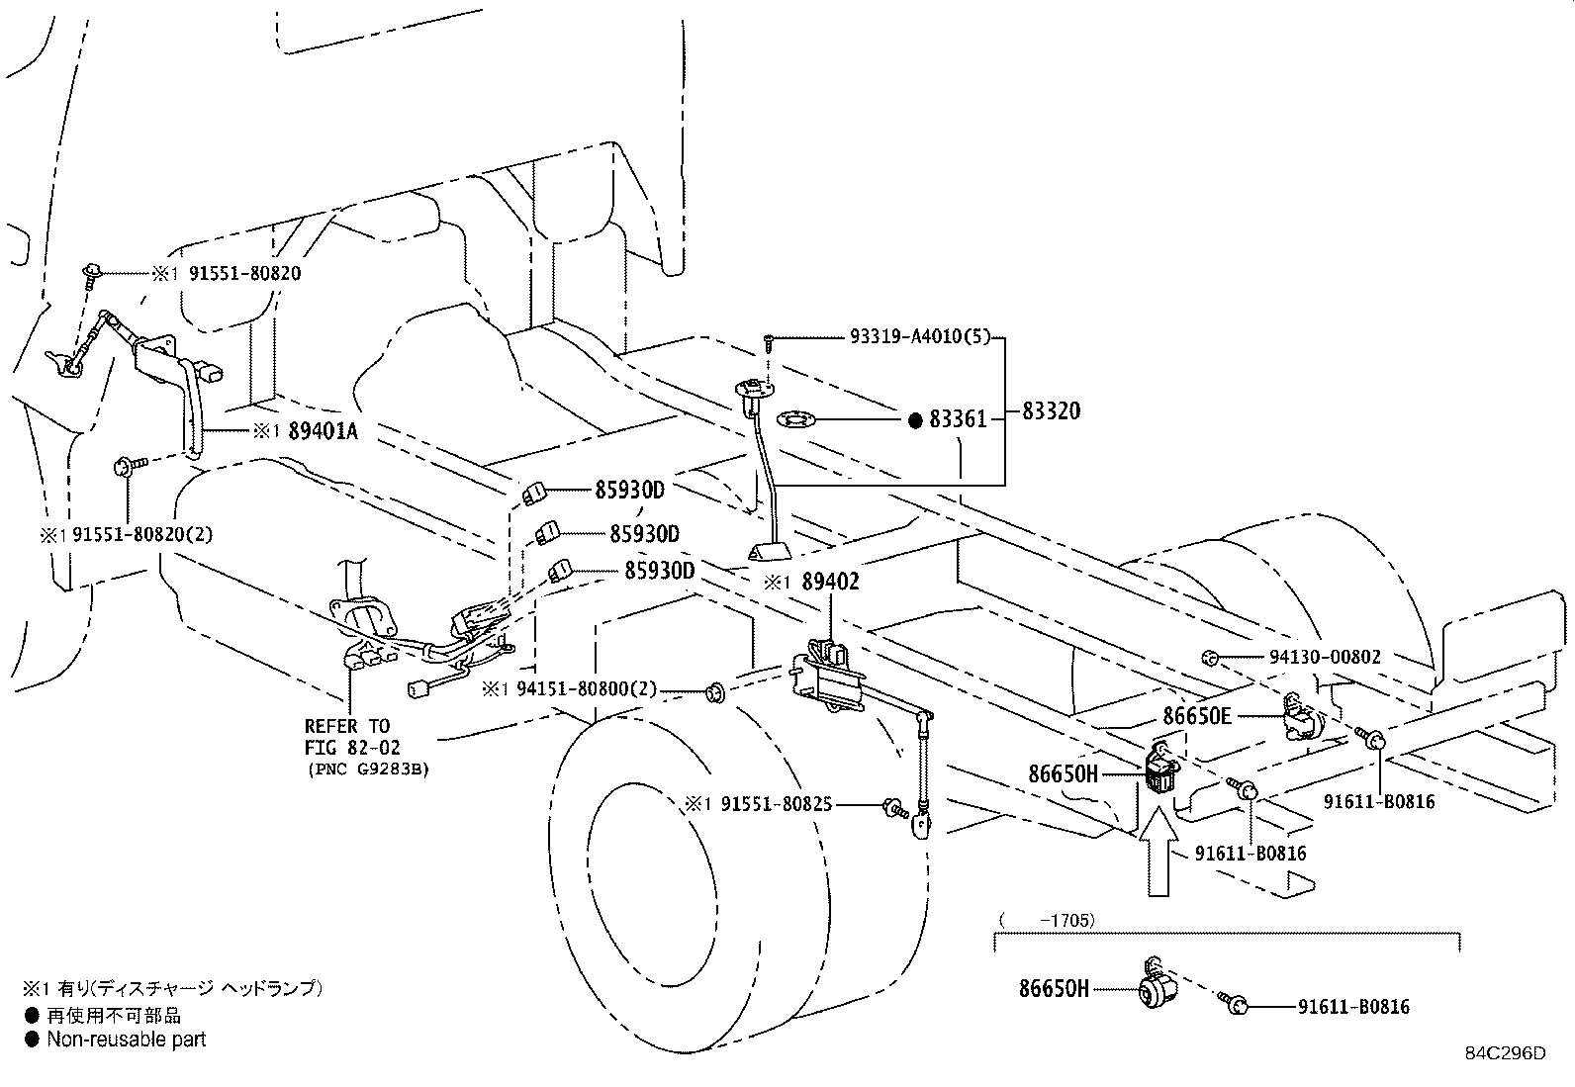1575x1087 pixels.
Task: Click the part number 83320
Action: [1051, 410]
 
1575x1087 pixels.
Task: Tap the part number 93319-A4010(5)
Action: [919, 337]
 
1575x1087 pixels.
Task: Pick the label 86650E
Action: [1196, 715]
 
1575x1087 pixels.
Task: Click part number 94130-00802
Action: [1325, 657]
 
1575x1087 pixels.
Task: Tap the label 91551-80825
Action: [773, 805]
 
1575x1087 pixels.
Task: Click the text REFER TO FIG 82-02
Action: [347, 738]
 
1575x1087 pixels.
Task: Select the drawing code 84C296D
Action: [1505, 1052]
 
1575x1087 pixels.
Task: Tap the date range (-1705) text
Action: [1047, 920]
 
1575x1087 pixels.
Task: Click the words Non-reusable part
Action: [127, 1040]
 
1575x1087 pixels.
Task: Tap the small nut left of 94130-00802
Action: [1208, 657]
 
